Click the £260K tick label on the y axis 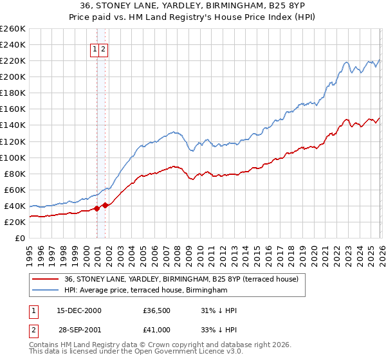pyautogui.click(x=12, y=29)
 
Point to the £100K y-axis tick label pyautogui.click(x=12, y=157)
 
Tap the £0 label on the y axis pyautogui.click(x=19, y=238)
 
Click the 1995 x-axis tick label pyautogui.click(x=30, y=250)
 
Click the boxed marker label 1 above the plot pyautogui.click(x=95, y=49)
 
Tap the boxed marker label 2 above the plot pyautogui.click(x=103, y=49)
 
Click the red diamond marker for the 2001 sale pyautogui.click(x=105, y=205)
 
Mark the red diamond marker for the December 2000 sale pyautogui.click(x=96, y=208)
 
